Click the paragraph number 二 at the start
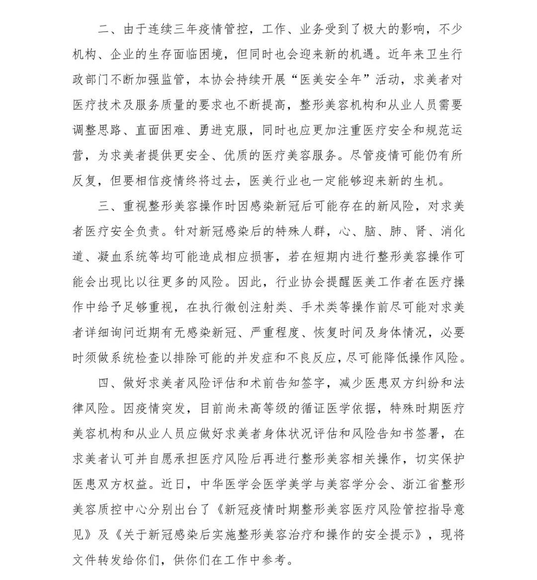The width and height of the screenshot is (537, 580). pyautogui.click(x=103, y=28)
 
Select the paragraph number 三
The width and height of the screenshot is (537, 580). pyautogui.click(x=103, y=206)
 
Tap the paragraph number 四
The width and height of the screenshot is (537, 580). pyautogui.click(x=103, y=383)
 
